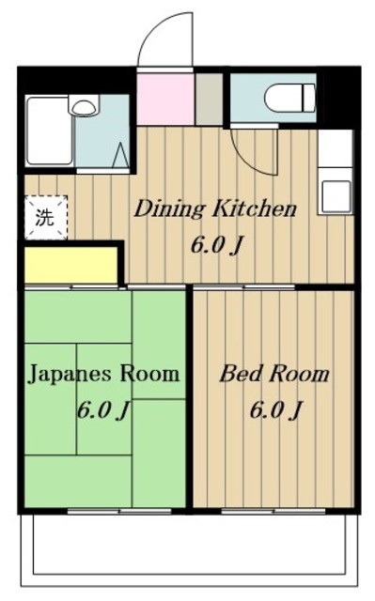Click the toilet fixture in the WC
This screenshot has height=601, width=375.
289,98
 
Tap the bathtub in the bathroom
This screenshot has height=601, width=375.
50,131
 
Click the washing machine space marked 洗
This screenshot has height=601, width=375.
46,218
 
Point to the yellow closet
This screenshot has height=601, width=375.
70,265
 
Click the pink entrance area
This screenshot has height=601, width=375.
165,99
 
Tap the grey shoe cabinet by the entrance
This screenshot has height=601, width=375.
209,99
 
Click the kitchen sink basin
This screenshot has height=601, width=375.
336,196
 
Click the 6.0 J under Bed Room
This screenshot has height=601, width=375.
274,410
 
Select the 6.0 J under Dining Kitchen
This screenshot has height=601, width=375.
217,245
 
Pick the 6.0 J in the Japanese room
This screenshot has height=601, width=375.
102,410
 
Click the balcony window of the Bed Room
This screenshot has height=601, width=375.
273,511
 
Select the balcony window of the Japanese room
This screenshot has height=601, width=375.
119,511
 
